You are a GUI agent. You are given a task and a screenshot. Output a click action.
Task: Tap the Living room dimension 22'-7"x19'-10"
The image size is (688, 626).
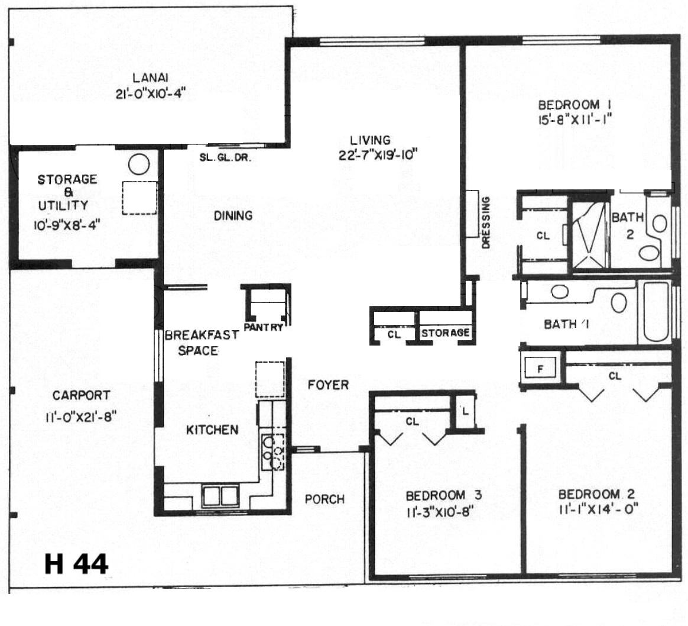pos(377,155)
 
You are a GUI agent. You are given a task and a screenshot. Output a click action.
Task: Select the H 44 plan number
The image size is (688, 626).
pos(76,564)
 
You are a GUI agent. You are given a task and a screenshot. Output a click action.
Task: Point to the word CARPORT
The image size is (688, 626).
pos(81,395)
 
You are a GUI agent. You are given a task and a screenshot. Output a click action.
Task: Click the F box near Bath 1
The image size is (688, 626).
pos(540,368)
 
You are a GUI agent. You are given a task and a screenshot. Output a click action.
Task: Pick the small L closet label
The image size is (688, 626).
pos(465,412)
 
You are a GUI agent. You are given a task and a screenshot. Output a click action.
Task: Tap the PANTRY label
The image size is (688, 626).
pos(263,327)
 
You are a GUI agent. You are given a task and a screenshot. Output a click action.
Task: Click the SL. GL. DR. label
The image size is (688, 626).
pos(226,158)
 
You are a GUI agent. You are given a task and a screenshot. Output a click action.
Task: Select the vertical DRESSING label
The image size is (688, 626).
pos(485,222)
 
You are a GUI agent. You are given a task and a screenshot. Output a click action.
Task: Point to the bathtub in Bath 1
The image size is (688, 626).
pos(655,312)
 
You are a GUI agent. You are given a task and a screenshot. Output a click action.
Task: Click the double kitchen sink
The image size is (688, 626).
pos(220,496)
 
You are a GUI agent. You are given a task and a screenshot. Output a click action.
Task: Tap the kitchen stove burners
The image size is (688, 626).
pos(273,451)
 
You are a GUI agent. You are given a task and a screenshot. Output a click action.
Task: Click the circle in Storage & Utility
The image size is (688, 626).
pos(139,164)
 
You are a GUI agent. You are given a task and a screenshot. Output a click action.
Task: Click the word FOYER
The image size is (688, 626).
pos(328,385)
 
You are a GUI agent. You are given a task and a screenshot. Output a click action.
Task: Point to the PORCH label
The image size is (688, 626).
pos(324,499)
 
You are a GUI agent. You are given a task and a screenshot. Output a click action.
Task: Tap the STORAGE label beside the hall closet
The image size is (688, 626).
pos(445,333)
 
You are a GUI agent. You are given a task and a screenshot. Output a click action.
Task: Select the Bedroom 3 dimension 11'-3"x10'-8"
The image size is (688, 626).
pos(442,511)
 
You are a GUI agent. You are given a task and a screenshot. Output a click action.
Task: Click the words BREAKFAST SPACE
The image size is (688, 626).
pos(202,343)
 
